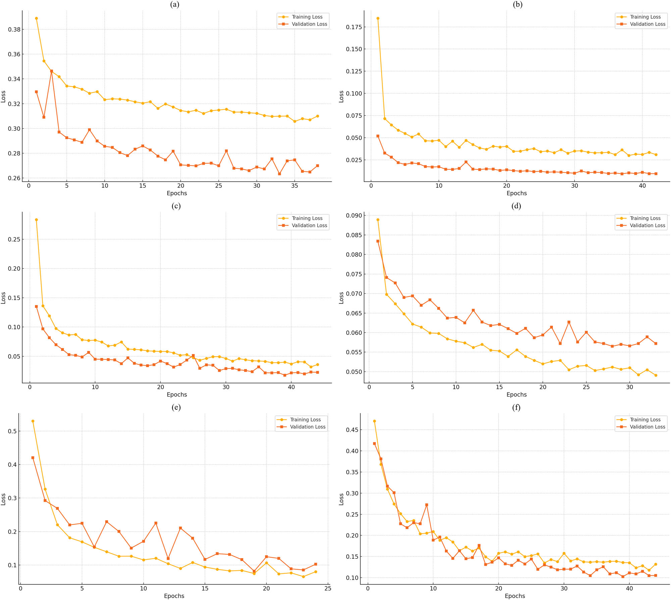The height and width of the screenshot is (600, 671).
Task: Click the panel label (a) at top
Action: click(x=174, y=4)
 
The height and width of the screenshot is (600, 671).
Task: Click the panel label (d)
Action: click(x=516, y=206)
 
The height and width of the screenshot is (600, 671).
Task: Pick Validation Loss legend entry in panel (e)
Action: click(x=307, y=427)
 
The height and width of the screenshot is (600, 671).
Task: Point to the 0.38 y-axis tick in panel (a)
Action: click(x=14, y=29)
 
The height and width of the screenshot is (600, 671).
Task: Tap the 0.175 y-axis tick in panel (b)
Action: click(x=354, y=27)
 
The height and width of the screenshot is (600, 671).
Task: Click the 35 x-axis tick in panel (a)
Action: click(x=294, y=186)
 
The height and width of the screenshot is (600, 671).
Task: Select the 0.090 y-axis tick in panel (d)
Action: click(x=354, y=216)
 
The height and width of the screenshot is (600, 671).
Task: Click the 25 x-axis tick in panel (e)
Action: click(x=328, y=588)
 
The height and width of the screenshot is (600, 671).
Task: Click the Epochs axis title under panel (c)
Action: click(x=177, y=395)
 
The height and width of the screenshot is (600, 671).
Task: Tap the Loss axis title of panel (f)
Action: click(x=341, y=499)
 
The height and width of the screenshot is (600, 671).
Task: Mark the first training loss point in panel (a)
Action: click(x=36, y=18)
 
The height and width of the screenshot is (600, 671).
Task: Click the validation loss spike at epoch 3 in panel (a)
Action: click(x=51, y=71)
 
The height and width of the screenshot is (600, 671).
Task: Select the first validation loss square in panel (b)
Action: click(x=378, y=136)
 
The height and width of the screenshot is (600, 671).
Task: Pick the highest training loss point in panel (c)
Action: click(x=36, y=220)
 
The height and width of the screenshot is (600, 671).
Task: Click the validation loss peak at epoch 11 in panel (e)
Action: click(x=156, y=523)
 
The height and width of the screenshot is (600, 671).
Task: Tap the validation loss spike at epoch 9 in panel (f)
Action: click(x=426, y=505)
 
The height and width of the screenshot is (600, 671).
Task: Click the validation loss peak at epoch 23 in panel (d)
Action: click(x=569, y=322)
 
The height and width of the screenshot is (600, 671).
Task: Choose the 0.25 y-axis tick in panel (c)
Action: click(x=14, y=239)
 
